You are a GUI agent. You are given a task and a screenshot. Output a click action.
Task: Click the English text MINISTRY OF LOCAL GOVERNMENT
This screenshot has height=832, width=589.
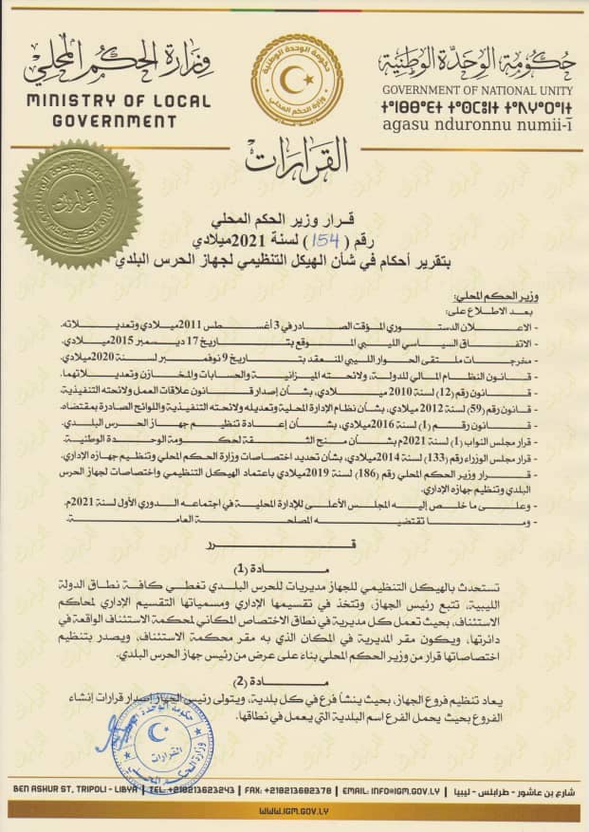click(x=101, y=111)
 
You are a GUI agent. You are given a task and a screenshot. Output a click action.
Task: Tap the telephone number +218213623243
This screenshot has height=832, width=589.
click(x=193, y=789)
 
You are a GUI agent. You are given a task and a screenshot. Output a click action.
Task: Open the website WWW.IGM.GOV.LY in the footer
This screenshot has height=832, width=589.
click(x=294, y=812)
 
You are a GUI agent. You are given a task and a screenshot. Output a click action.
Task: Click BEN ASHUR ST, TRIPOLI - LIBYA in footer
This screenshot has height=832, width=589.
click(x=73, y=789)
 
